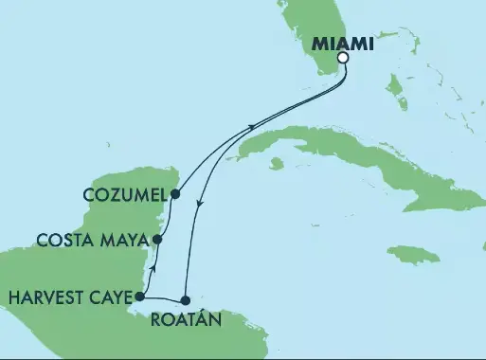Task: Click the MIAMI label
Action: coord(343,43)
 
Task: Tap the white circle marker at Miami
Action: coord(343,58)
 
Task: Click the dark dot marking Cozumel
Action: coord(175,194)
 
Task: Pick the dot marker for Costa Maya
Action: coord(157,240)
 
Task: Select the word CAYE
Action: coord(109,297)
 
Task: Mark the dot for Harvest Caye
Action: coord(139,297)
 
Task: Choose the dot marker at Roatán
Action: coord(187,299)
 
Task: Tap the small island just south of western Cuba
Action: coord(277,164)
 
